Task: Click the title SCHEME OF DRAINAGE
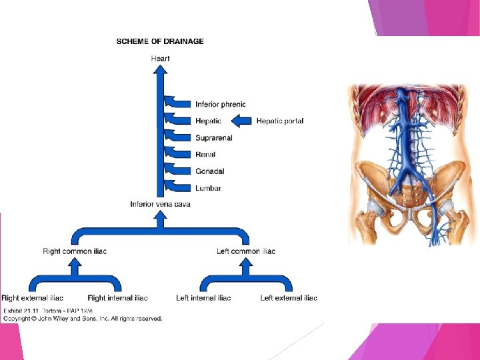click(160, 41)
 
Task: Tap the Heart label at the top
click(160, 59)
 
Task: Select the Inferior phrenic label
click(220, 104)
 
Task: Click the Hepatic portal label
click(280, 121)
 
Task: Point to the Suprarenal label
click(213, 138)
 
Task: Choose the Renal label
click(205, 155)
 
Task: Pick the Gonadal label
click(209, 171)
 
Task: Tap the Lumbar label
click(208, 188)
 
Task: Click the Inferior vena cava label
click(160, 204)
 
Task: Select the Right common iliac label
click(75, 251)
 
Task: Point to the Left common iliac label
click(246, 251)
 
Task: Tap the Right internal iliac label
click(117, 298)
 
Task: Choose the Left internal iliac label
click(203, 298)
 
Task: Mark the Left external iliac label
click(289, 298)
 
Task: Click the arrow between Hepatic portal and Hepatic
click(241, 121)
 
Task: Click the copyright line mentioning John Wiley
click(83, 319)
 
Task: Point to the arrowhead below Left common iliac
click(246, 264)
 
